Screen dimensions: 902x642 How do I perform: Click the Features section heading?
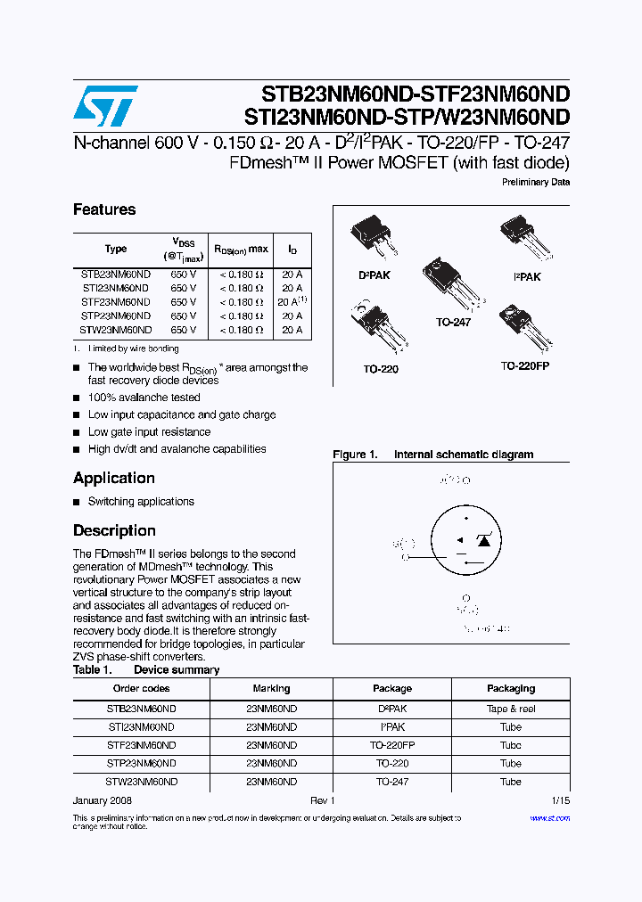click(x=104, y=209)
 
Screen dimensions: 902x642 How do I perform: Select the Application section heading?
click(x=113, y=478)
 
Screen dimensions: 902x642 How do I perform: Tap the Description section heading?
click(x=114, y=530)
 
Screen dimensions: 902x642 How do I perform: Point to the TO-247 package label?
click(x=454, y=322)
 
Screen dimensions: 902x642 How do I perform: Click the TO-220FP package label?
click(x=524, y=365)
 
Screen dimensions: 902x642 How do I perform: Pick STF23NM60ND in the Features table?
click(x=115, y=302)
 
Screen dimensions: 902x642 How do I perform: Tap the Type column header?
click(x=115, y=249)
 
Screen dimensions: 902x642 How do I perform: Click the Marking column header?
click(x=271, y=688)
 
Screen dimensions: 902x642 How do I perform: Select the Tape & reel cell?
click(x=511, y=709)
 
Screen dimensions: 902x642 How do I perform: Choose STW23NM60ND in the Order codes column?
click(x=141, y=782)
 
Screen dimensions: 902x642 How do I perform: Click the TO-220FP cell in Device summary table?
click(x=392, y=745)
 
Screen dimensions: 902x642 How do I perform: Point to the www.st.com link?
click(x=549, y=817)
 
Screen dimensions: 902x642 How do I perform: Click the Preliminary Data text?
click(x=536, y=182)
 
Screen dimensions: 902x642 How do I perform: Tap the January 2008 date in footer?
click(x=103, y=801)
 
